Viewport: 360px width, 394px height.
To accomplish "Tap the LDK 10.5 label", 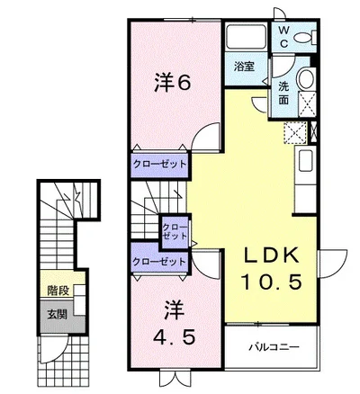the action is [272, 269].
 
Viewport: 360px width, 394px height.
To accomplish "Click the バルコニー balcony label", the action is [274, 347].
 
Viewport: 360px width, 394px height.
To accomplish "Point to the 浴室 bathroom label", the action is [245, 67].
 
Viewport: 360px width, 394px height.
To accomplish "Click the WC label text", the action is [283, 37].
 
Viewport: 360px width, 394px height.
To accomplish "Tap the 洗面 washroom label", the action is [283, 93].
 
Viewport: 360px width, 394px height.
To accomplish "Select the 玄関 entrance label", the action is [57, 314].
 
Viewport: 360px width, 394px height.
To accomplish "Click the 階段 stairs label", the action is [58, 290].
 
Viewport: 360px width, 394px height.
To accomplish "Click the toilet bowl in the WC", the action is [303, 38].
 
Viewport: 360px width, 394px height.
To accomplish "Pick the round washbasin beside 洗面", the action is [306, 78].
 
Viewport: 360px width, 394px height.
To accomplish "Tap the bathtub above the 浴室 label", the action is [246, 37].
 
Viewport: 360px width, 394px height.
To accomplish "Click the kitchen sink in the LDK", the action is [305, 160].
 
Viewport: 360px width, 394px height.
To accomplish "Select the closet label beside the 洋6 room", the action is [159, 164].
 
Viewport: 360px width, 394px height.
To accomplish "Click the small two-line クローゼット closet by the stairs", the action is [175, 231].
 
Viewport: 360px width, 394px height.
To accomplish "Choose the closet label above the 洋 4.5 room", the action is [159, 262].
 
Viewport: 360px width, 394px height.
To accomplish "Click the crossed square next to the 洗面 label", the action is [307, 104].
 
